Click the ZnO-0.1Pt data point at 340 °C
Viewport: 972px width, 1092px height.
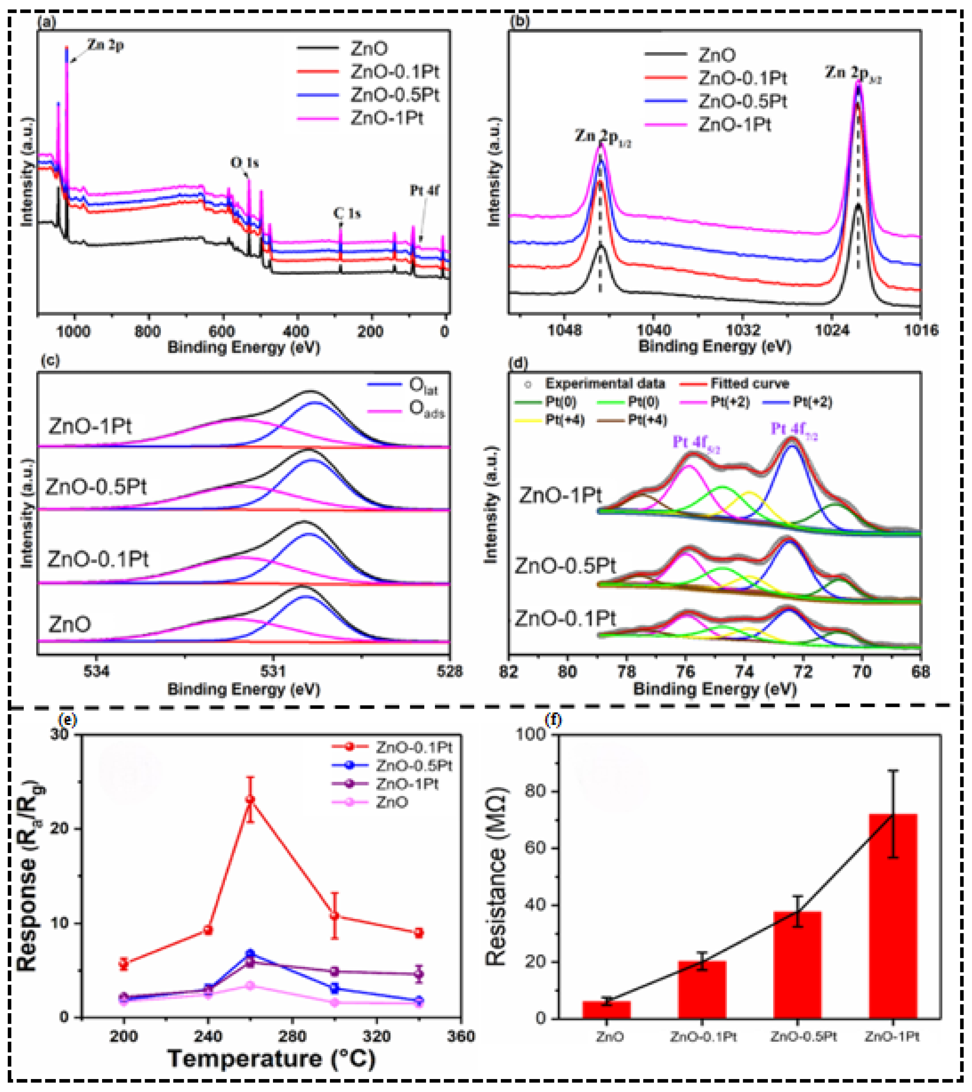[419, 933]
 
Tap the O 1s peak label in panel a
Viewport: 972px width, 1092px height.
[244, 162]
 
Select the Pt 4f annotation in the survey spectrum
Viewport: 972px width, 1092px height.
[425, 190]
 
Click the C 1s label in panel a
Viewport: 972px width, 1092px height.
[347, 214]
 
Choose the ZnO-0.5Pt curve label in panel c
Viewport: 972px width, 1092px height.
[96, 487]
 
